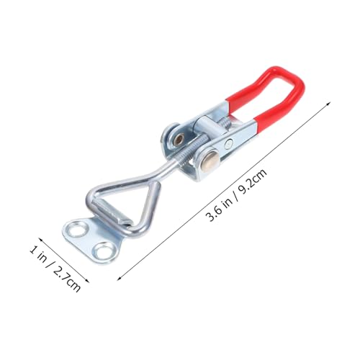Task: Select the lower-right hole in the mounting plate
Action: [x=105, y=251]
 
